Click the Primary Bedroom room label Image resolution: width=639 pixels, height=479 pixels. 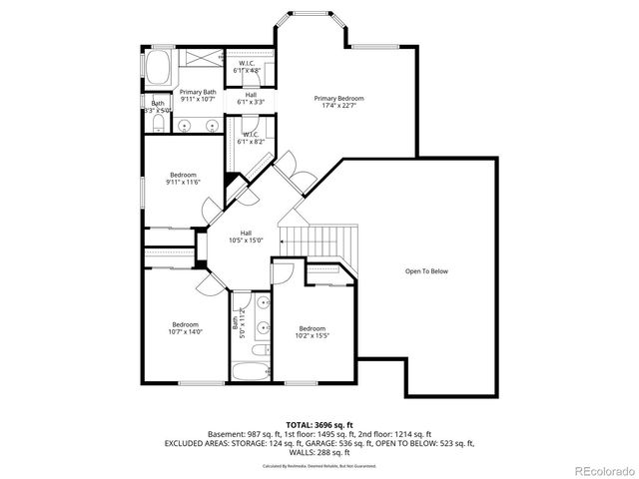338,102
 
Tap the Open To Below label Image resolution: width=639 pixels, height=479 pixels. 425,271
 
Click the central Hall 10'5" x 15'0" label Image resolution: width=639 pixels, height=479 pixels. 245,237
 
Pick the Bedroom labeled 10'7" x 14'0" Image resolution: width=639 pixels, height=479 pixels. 186,328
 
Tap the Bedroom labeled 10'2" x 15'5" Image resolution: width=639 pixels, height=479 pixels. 312,332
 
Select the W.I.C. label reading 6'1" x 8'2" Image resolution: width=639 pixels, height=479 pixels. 250,138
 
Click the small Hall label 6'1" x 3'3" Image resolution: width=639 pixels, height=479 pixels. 250,99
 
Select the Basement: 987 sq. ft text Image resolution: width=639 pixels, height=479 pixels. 240,435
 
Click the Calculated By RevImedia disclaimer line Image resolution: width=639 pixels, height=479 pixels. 319,466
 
